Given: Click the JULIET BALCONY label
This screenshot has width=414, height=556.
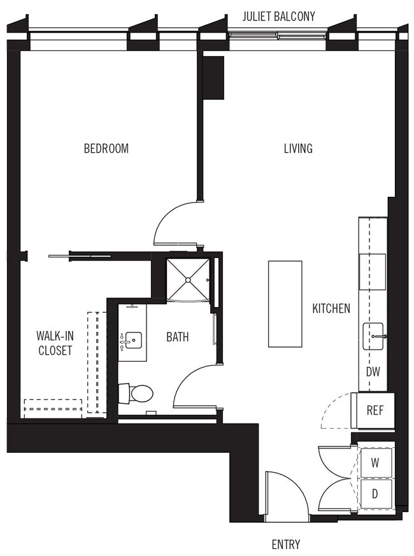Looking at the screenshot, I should [x=278, y=17].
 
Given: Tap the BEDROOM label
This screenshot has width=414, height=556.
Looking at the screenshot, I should [x=106, y=148].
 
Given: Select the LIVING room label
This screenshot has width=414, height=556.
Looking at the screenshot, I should [x=298, y=148].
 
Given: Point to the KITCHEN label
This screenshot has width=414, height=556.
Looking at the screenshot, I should [x=331, y=309].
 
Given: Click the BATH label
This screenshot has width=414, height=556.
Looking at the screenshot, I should [x=177, y=337].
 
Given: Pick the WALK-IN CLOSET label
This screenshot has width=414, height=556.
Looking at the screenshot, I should [x=54, y=343].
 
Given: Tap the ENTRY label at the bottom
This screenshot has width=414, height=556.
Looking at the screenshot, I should [x=285, y=545].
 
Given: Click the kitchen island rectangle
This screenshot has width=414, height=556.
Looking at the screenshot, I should [x=284, y=303].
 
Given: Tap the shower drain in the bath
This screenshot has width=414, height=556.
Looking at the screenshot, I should [x=189, y=278].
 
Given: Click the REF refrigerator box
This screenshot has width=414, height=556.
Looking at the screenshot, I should [x=374, y=410].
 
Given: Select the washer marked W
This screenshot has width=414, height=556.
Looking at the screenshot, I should [x=375, y=463].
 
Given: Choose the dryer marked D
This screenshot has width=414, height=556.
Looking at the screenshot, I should [x=375, y=493].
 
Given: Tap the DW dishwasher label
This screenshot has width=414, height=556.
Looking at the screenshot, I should [x=373, y=371].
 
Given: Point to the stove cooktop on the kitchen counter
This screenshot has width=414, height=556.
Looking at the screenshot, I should [x=373, y=271].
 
